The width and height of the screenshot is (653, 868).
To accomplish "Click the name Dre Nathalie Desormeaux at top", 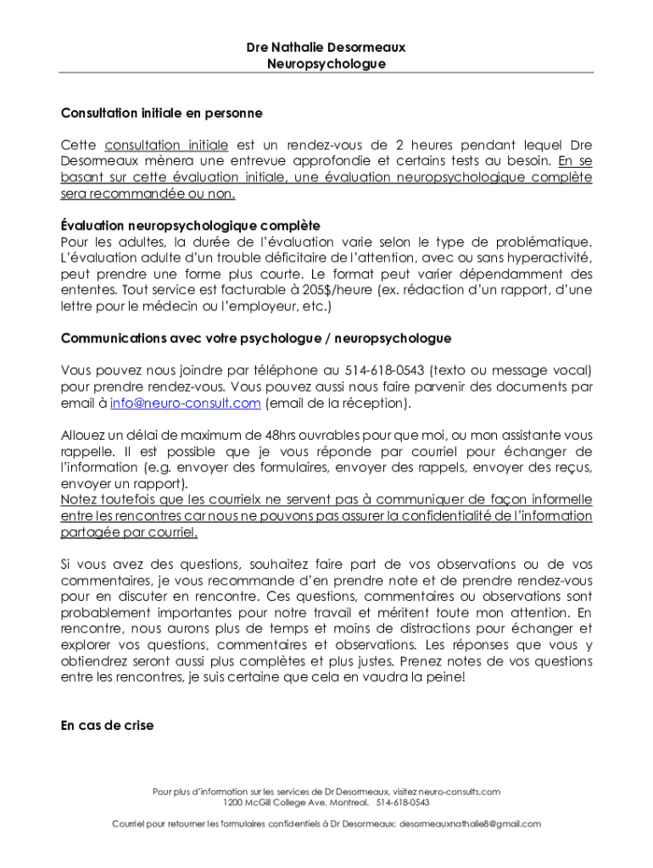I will coord(326,48).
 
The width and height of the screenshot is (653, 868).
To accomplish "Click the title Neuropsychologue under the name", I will coord(326,64).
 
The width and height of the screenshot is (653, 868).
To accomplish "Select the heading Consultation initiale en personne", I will coord(162,113).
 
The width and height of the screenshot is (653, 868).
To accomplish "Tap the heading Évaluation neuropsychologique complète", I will coord(190,225).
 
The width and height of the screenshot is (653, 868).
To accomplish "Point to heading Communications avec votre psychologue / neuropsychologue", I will coord(256,338).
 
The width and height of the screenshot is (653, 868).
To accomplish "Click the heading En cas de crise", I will coord(108,726).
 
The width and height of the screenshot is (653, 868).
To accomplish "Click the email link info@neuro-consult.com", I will coord(185,403).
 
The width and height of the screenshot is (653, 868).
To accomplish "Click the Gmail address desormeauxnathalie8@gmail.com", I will coord(470,823).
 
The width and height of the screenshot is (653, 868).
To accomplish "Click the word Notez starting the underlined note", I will coord(79,500).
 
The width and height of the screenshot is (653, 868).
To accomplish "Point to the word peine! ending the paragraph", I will coord(446,677).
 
